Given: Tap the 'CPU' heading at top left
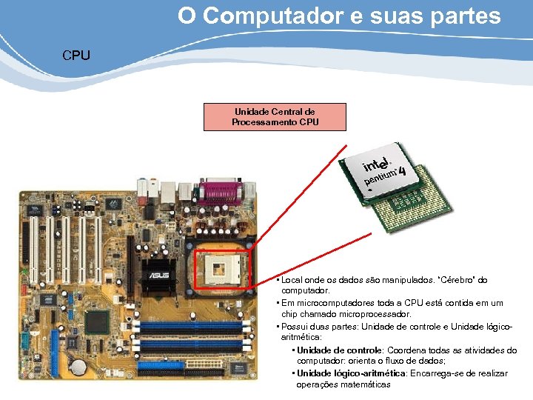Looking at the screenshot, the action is [76, 56].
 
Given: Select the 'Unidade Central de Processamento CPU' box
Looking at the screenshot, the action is [275, 117].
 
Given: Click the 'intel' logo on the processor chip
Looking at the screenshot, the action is [376, 163].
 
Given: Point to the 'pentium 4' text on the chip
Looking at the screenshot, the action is [385, 178].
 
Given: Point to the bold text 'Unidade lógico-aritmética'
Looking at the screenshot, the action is [351, 373].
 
